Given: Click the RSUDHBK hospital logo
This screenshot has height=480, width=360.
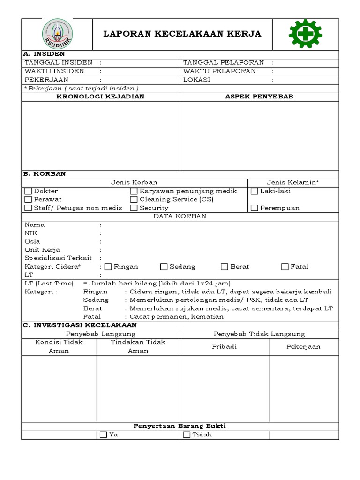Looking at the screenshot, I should pos(57,34).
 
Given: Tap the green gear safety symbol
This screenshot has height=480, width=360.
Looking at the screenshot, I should pos(305,34).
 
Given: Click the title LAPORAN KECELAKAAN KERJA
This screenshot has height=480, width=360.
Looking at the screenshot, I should pos(182,34).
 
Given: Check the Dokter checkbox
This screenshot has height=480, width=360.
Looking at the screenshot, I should pos(28,191).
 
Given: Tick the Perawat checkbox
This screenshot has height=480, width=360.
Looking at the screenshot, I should pos(28,199).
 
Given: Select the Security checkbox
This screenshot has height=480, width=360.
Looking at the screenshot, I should pos(134,208).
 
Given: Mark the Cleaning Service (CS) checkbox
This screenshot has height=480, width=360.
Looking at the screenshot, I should pos(134,199).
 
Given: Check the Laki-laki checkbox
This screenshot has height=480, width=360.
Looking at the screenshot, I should pos(255,191).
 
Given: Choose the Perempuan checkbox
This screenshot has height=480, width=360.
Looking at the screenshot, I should pos(255,208).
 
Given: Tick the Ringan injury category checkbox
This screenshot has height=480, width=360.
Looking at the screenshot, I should pos(108,267).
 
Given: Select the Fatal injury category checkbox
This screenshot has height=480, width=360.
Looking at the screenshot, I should pos(285,267).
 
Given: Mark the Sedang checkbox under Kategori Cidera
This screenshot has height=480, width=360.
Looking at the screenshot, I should pos(164,267).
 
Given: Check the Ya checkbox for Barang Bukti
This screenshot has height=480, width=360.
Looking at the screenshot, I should pos(103,435).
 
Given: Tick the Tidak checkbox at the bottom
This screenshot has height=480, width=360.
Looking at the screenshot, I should pos(187,435).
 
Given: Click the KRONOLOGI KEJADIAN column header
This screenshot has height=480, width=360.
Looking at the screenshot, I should pos(100,97).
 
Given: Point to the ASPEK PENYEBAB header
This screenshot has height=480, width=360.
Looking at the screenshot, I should pos(259,97).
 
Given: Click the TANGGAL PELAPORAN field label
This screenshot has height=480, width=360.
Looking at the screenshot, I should pos(224,62).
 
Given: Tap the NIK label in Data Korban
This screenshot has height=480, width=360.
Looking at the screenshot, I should pos(31,233).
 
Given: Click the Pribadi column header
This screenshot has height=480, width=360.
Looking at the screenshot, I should pos(224,346).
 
